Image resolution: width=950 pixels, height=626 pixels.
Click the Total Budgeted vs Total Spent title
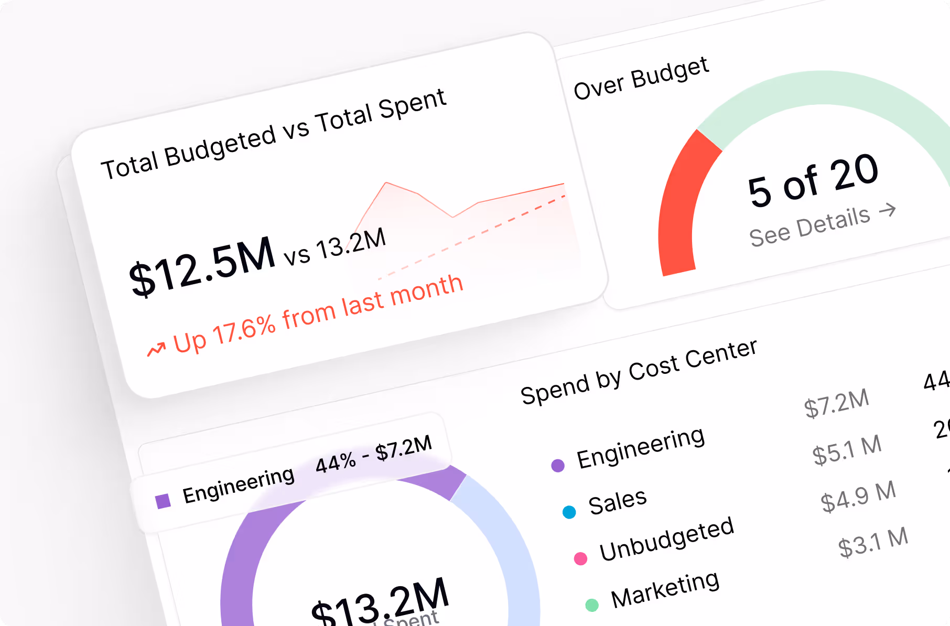[273, 135]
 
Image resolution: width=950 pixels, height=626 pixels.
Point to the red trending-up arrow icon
[156, 349]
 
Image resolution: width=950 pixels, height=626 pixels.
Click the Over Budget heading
[641, 79]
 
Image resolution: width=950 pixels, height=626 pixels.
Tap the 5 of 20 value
[813, 180]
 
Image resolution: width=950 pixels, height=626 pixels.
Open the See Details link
[809, 226]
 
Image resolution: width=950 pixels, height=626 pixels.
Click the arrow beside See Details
[888, 210]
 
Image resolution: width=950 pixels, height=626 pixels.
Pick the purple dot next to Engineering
[558, 465]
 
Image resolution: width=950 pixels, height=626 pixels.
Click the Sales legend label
[617, 501]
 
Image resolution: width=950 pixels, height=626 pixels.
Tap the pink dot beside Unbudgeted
[580, 558]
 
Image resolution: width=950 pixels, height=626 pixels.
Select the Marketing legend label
[665, 589]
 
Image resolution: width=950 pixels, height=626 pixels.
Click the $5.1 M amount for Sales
[847, 449]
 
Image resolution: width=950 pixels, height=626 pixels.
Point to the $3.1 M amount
[872, 542]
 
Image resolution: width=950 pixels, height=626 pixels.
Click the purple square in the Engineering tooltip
[163, 501]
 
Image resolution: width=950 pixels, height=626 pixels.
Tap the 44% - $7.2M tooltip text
[373, 455]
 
